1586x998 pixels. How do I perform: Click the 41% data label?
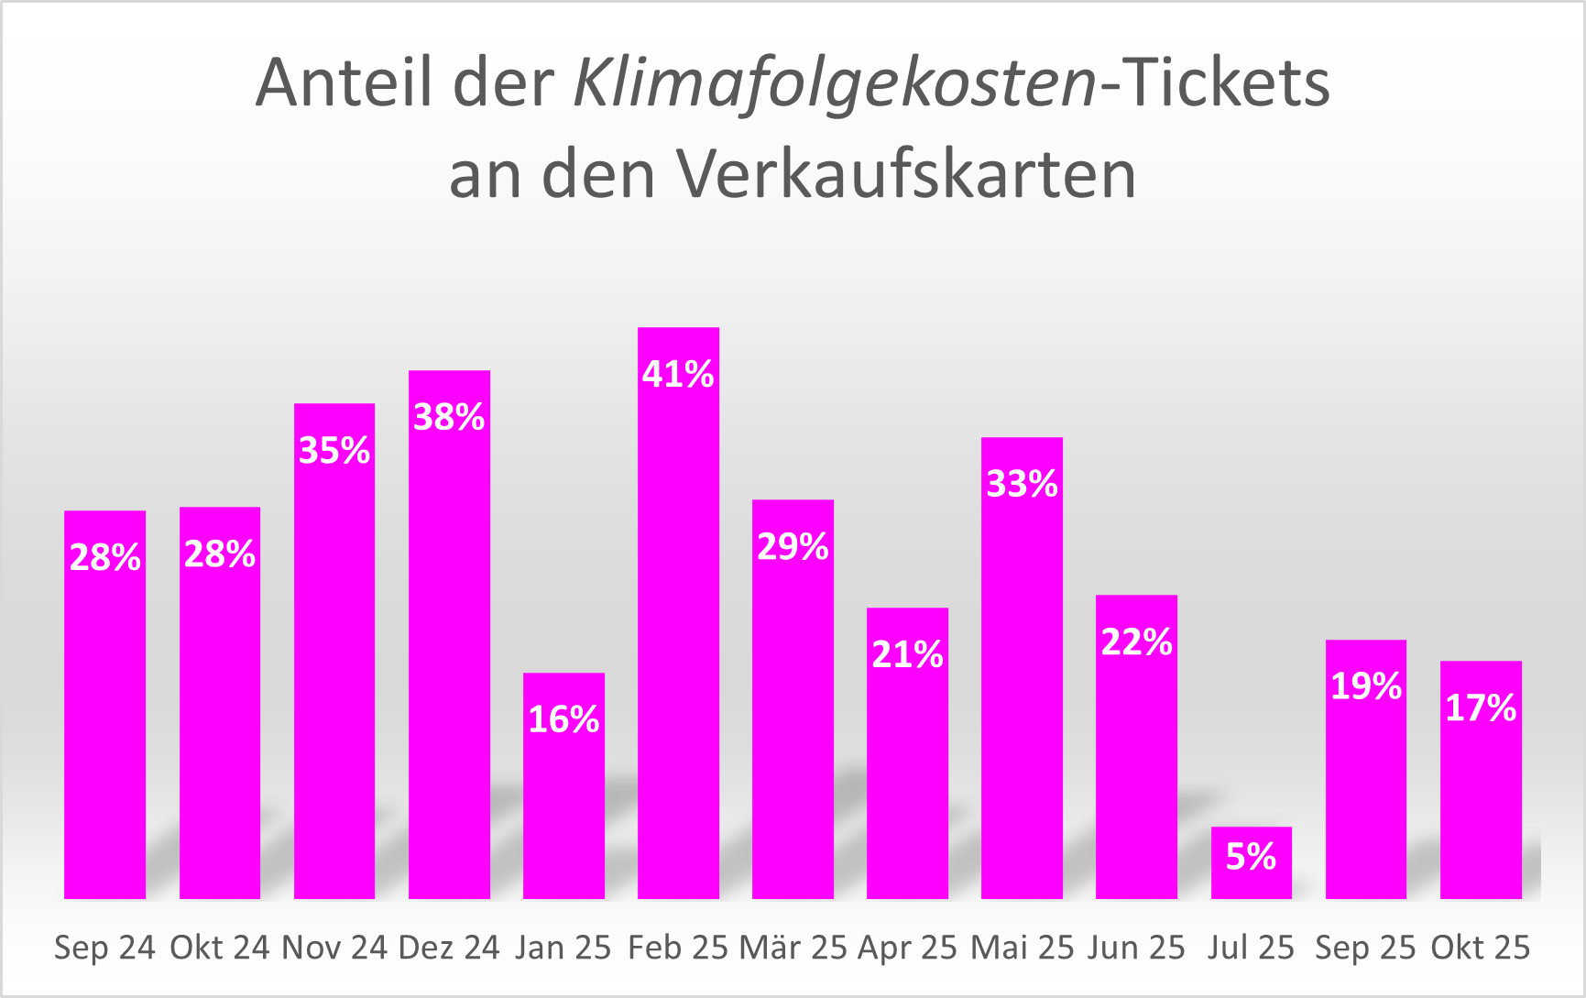click(678, 375)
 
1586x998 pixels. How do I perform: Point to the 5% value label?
click(1251, 857)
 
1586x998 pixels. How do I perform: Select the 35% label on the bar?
click(334, 451)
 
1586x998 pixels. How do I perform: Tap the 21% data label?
click(907, 655)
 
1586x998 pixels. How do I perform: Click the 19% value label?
click(1366, 686)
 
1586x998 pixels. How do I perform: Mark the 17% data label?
click(1481, 708)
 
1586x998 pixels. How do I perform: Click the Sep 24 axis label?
click(105, 948)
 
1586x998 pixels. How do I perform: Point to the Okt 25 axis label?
click(1481, 948)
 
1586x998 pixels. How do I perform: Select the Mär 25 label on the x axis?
click(793, 948)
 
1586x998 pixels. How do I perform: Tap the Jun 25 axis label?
click(1136, 948)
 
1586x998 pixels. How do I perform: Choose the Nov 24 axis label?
click(334, 948)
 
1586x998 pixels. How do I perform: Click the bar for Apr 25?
click(907, 779)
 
